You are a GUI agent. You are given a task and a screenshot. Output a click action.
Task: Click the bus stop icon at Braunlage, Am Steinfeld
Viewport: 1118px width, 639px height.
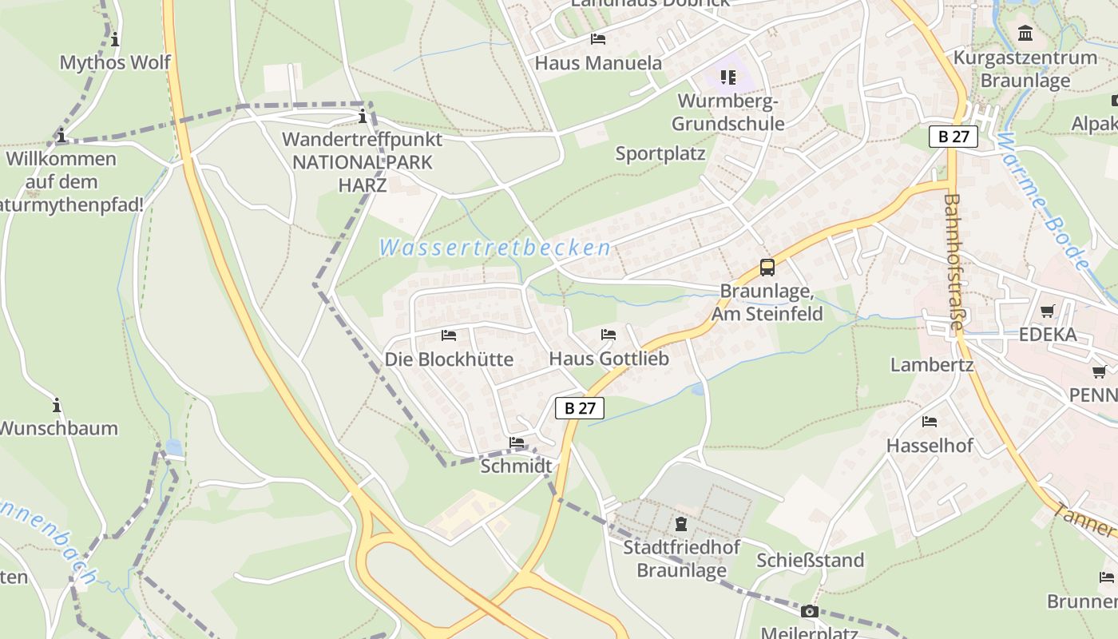767,268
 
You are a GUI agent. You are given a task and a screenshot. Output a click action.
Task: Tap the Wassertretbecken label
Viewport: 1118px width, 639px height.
495,248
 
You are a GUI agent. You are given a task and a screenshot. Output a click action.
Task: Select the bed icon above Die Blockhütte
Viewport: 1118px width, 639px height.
449,335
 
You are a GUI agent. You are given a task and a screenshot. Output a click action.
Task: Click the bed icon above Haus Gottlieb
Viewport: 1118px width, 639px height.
609,335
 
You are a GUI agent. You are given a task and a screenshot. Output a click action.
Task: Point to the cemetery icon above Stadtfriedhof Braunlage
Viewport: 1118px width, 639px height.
680,524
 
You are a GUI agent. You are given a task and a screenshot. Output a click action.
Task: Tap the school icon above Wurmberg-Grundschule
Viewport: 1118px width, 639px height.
727,77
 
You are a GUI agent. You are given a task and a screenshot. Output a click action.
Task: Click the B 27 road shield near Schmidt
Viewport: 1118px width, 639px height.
580,408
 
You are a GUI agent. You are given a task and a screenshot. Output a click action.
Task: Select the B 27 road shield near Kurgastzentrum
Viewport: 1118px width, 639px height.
953,137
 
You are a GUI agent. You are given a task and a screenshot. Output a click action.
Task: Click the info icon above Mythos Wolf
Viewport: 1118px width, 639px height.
116,39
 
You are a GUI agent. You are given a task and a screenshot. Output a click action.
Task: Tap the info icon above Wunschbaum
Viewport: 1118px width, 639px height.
57,404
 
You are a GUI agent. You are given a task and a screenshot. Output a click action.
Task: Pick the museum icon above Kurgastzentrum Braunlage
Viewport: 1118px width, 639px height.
1025,34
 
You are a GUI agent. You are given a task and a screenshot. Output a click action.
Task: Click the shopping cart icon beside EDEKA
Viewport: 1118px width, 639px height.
1047,311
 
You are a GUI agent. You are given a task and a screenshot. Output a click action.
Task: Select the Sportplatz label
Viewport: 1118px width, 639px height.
660,153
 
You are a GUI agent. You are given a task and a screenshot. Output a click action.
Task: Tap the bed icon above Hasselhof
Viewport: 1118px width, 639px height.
930,421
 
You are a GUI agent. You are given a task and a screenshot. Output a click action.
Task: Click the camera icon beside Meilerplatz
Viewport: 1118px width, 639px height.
809,612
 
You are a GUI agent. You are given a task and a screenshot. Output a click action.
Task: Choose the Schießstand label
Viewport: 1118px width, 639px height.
811,561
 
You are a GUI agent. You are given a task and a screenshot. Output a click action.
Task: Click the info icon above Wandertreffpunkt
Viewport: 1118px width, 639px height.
363,117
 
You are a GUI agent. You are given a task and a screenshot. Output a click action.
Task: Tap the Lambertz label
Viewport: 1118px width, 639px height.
932,365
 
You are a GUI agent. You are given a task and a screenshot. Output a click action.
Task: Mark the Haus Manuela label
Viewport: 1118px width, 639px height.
598,63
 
